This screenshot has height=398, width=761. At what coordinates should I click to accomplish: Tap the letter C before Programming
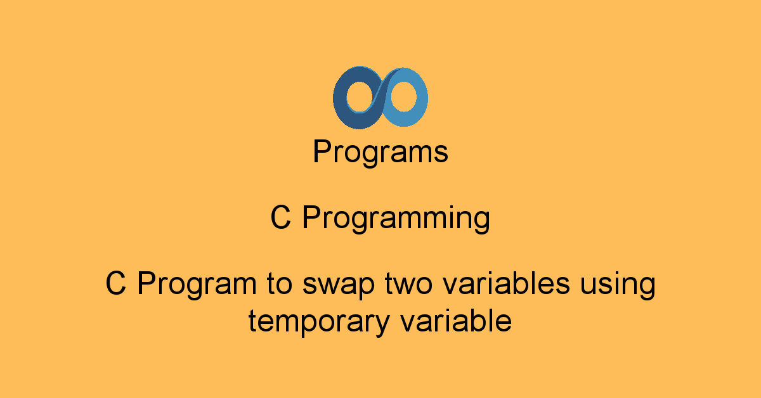click(x=281, y=219)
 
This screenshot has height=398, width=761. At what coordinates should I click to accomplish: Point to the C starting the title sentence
click(x=115, y=283)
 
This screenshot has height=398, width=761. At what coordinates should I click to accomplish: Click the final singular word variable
click(x=455, y=321)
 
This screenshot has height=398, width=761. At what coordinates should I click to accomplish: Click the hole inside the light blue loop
click(x=403, y=98)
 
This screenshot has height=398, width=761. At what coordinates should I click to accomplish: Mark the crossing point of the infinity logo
click(x=380, y=98)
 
